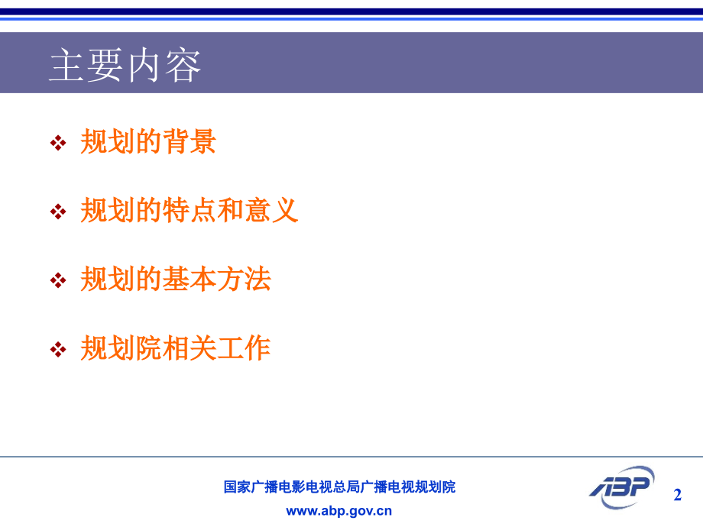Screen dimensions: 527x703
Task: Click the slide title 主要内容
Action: [x=125, y=66]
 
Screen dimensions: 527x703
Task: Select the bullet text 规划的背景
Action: [x=148, y=142]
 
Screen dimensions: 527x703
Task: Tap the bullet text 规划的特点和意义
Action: [x=189, y=211]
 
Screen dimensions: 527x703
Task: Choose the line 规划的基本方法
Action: [x=176, y=280]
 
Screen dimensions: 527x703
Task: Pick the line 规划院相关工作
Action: [x=176, y=348]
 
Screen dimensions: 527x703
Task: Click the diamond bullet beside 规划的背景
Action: [x=58, y=143]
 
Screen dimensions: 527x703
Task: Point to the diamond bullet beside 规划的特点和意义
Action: [x=58, y=212]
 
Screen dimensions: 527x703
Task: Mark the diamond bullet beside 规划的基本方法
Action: [x=58, y=280]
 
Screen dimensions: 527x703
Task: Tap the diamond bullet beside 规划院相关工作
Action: [x=58, y=349]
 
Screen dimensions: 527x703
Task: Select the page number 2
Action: [x=677, y=495]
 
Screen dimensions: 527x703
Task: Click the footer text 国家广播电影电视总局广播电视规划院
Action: [x=339, y=487]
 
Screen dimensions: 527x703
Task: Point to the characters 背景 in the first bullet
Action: [x=190, y=142]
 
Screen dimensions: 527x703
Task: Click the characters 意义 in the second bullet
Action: [x=271, y=211]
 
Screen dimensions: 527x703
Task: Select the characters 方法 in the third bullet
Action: [x=244, y=280]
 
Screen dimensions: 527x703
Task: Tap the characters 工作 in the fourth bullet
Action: [x=244, y=348]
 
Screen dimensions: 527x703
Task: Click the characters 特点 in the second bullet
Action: [x=190, y=211]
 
